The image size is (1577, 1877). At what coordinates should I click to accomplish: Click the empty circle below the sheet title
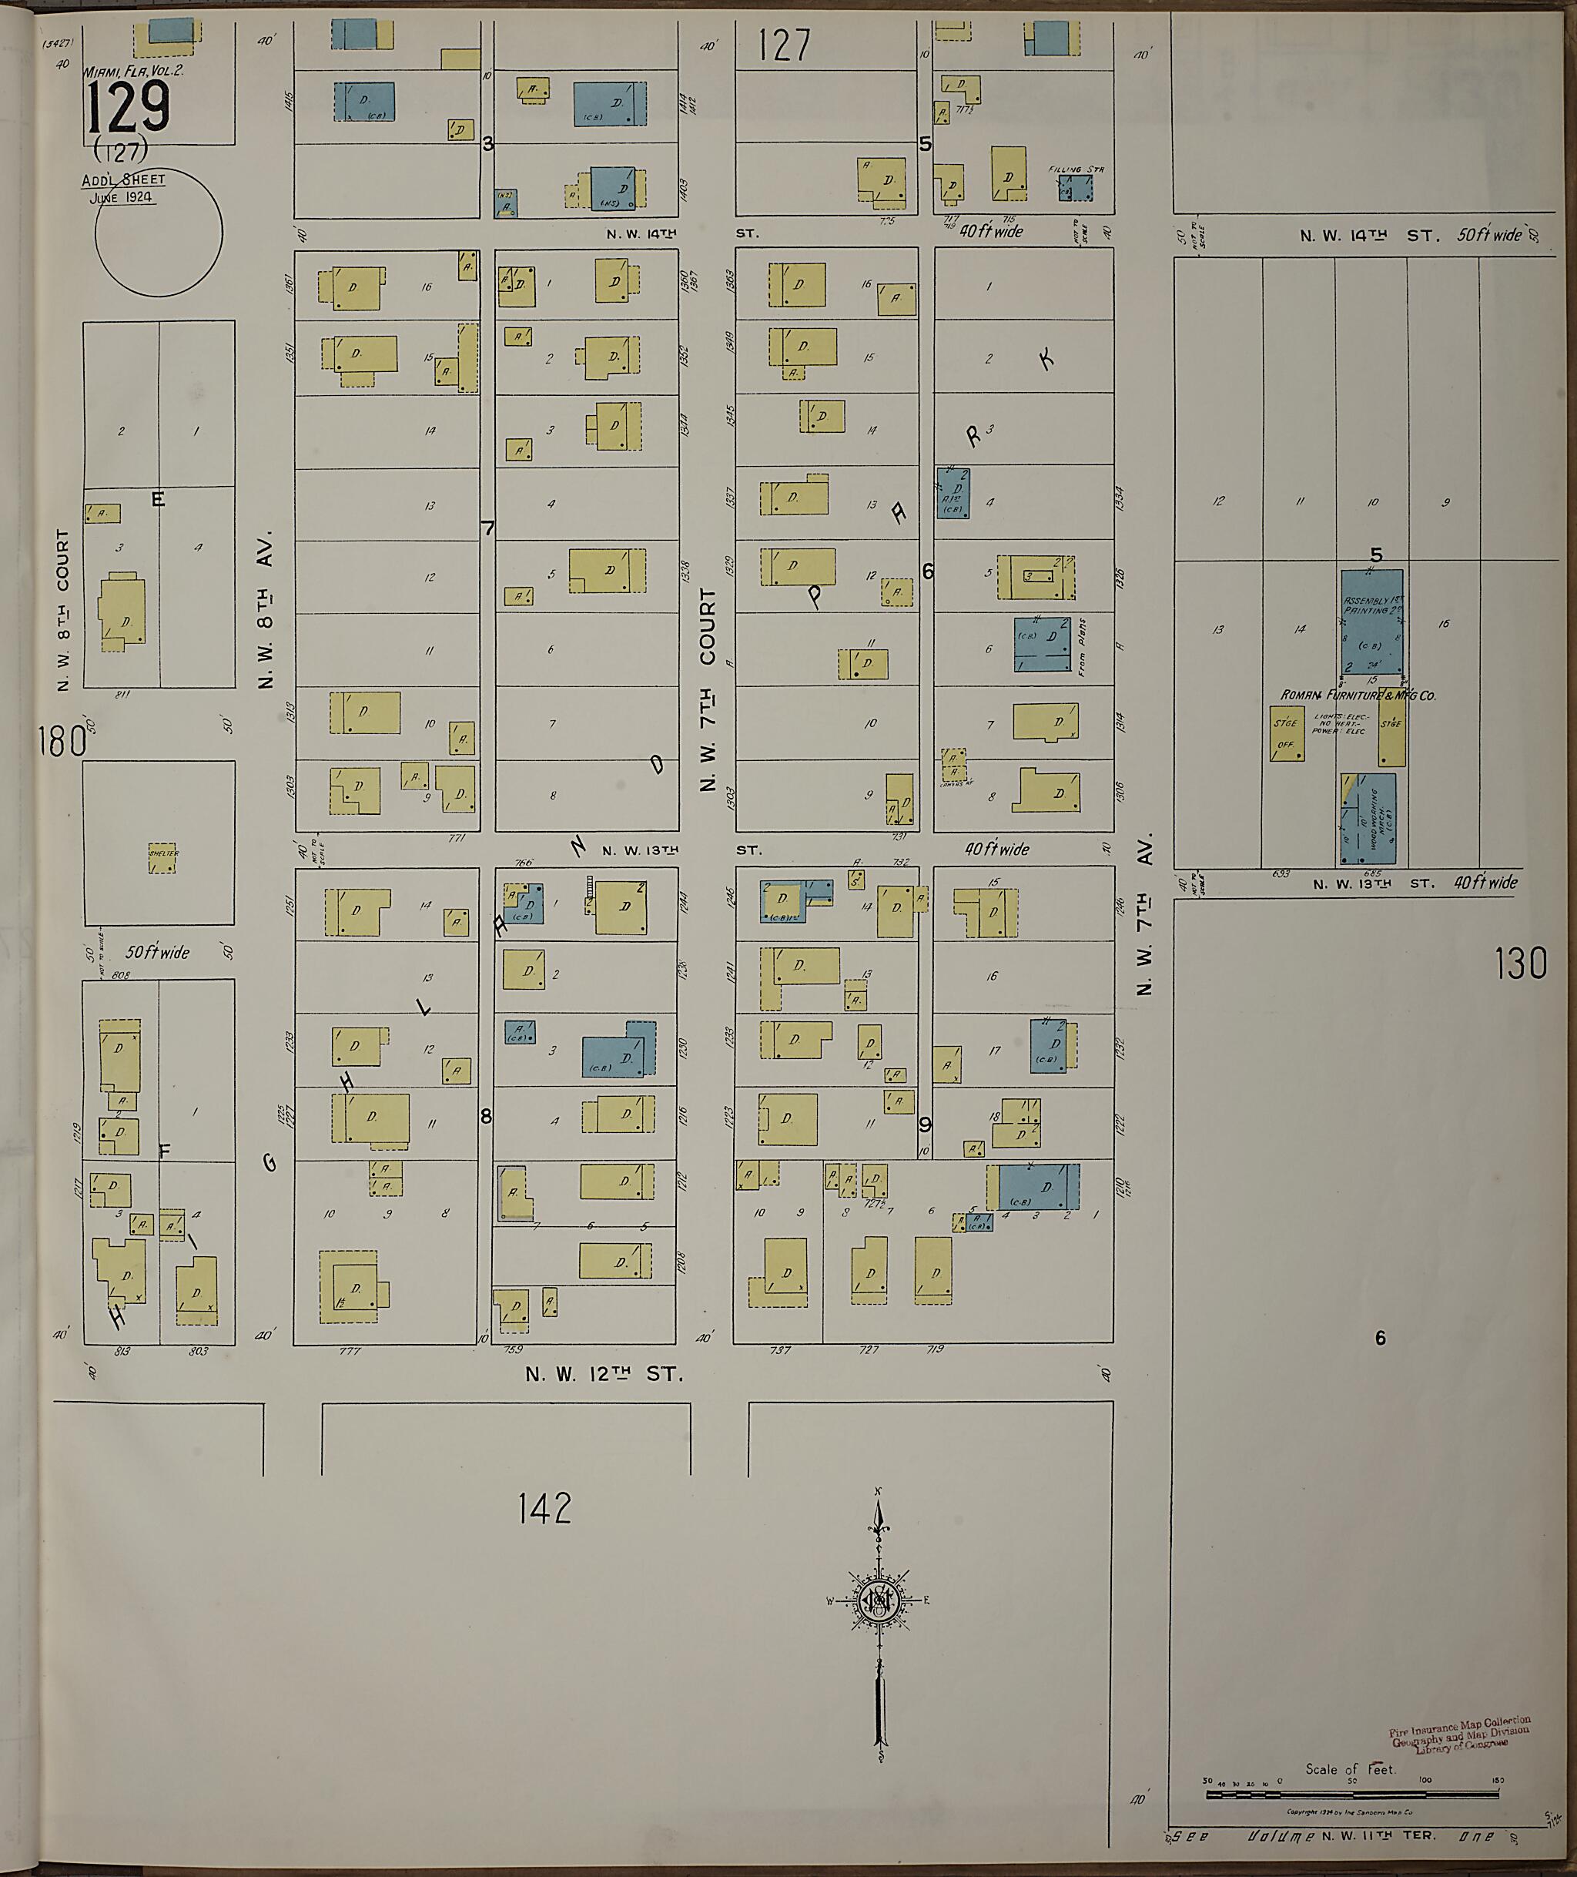(x=158, y=233)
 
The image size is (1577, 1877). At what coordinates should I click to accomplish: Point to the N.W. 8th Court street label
(x=62, y=610)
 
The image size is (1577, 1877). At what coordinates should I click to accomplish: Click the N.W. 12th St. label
(x=604, y=1375)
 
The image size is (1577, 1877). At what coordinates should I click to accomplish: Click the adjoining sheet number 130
(x=1520, y=964)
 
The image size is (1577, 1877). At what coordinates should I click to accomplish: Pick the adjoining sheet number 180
(x=61, y=741)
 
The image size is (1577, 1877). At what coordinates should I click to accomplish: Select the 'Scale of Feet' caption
(x=1351, y=1769)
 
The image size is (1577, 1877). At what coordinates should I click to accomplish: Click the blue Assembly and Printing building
(x=1371, y=622)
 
